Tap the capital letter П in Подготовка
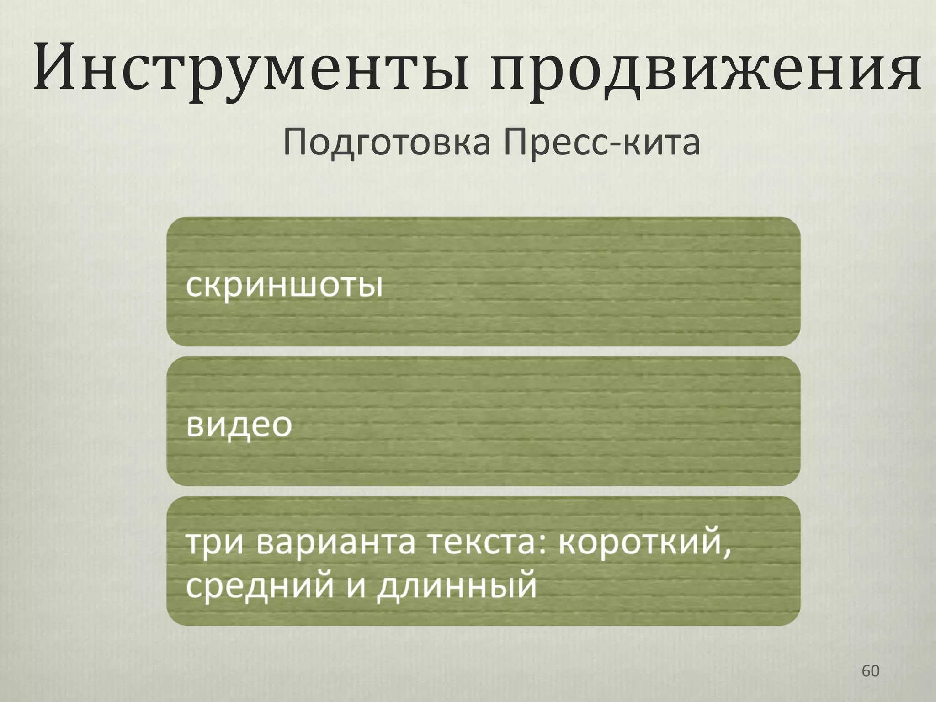click(297, 142)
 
